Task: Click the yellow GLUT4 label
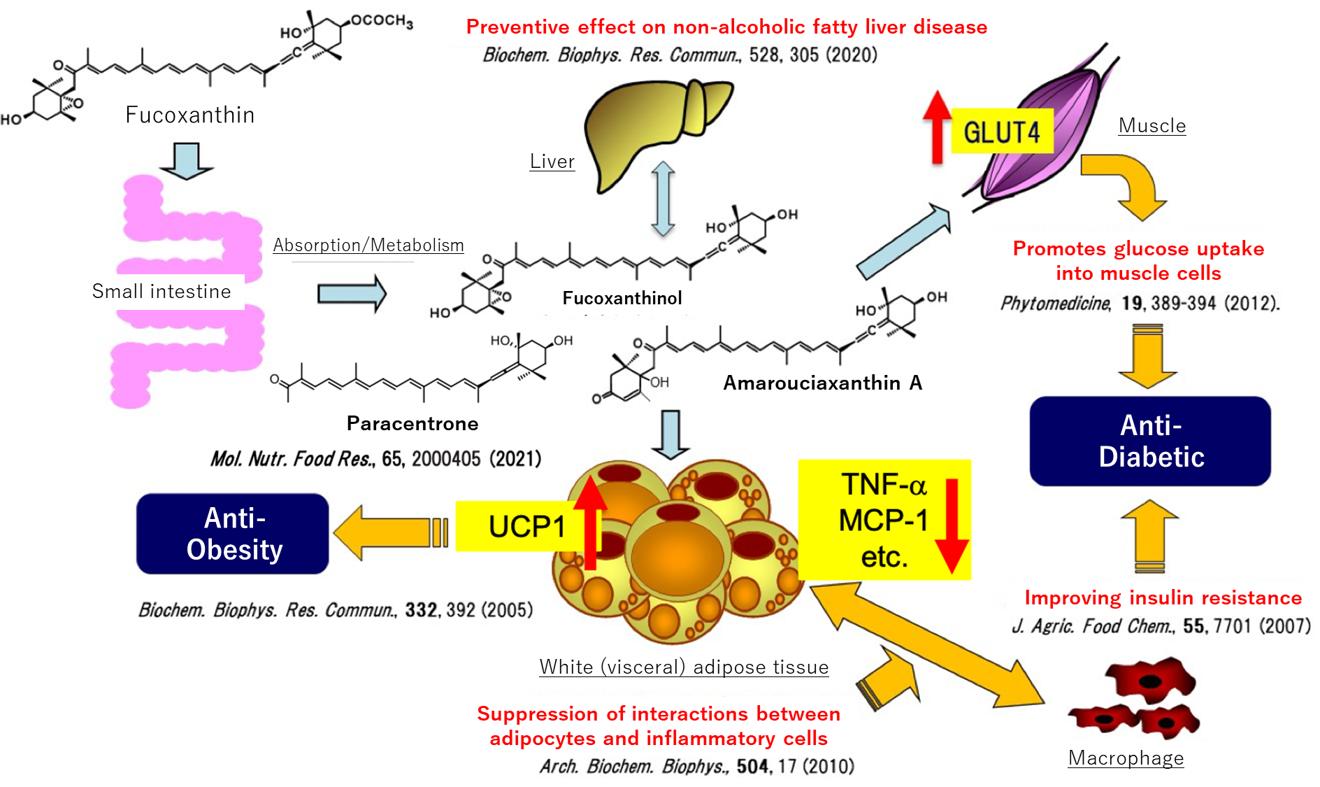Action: coord(1001,132)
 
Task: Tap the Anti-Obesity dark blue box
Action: coord(233,534)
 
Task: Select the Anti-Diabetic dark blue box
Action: coord(1150,441)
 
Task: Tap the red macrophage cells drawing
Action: coord(1136,700)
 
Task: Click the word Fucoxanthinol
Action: coord(622,298)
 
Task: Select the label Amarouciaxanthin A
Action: coord(822,383)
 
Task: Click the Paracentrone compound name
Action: coord(412,423)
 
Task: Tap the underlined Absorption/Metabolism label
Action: coord(368,246)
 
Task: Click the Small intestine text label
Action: coord(162,291)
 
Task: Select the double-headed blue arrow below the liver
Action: coord(663,199)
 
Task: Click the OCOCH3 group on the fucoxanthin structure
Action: coord(382,21)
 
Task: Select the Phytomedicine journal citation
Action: coord(1140,303)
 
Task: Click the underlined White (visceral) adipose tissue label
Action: coord(684,667)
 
